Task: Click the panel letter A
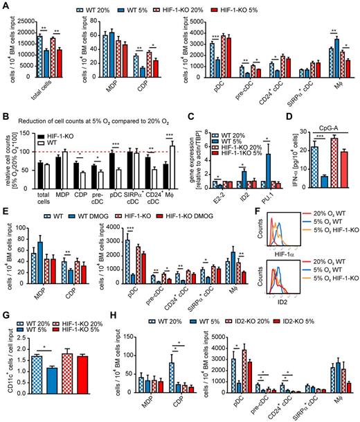(x=5, y=6)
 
